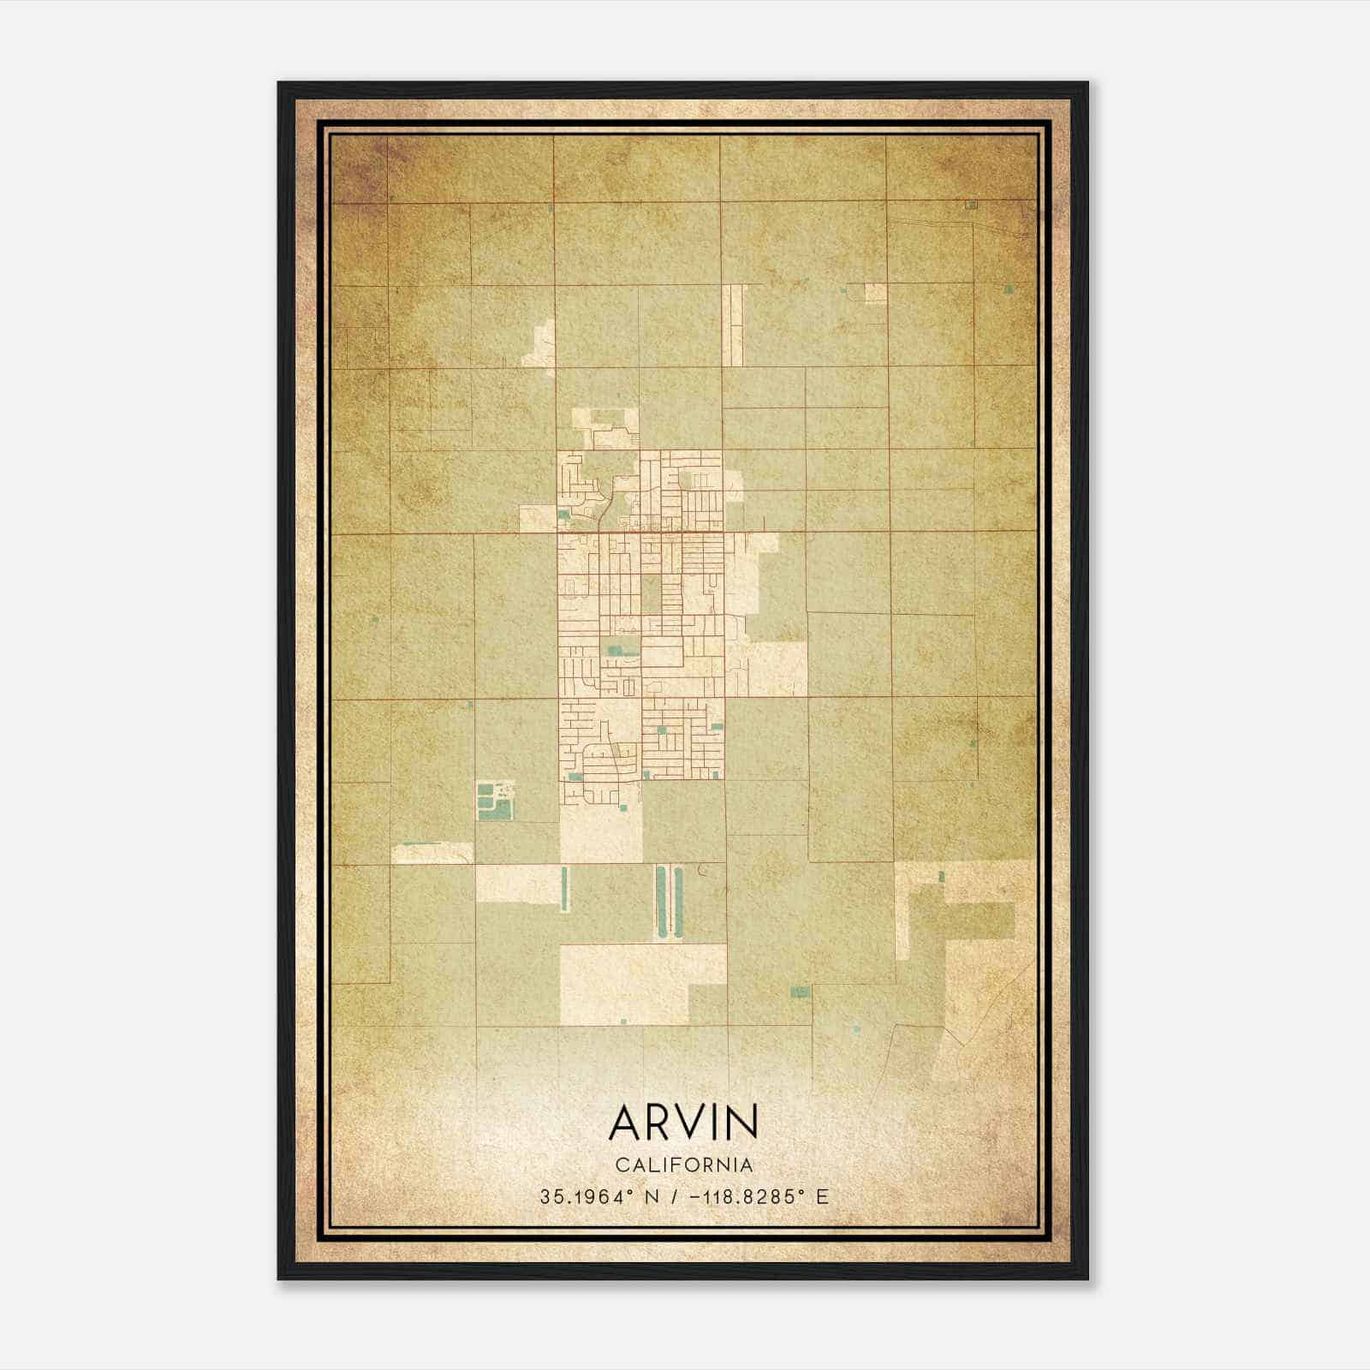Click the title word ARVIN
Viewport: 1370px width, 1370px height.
click(683, 1123)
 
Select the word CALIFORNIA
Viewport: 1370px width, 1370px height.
click(683, 1165)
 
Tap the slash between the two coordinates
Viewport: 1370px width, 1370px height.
click(675, 1197)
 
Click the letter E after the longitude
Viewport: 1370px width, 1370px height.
click(823, 1197)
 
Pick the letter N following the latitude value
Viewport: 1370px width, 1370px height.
click(652, 1197)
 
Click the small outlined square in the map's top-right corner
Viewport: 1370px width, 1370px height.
click(971, 205)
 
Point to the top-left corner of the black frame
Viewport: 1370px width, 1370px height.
click(280, 84)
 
